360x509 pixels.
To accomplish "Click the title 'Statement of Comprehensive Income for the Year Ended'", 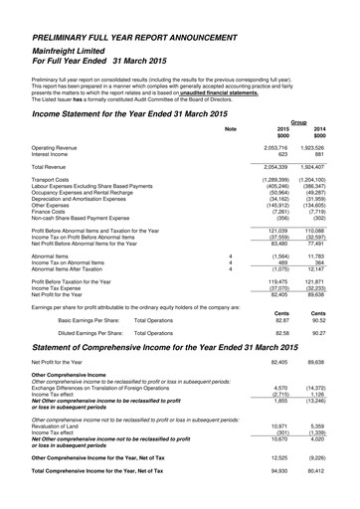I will (x=149, y=347).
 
